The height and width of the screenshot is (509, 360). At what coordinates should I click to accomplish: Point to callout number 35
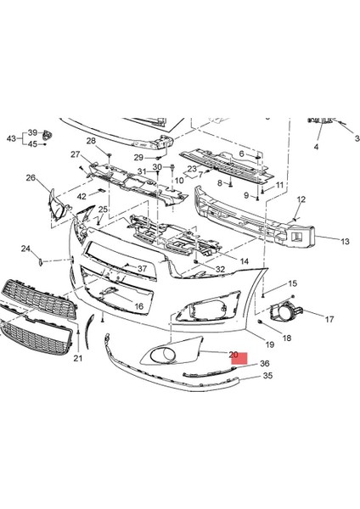point(244,375)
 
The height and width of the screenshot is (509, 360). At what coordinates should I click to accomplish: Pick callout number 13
point(321,241)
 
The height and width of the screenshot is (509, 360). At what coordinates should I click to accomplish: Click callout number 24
point(26,249)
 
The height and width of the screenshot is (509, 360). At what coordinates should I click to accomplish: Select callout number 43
point(12,138)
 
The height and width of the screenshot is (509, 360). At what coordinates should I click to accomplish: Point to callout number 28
point(91,141)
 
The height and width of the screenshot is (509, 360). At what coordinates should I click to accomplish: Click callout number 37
point(143,269)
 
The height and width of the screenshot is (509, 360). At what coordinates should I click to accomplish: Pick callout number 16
point(138,306)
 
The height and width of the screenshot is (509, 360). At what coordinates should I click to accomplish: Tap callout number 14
point(244,261)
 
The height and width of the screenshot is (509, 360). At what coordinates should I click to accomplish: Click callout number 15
point(292,283)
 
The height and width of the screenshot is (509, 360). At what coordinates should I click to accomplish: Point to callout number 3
point(357,138)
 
